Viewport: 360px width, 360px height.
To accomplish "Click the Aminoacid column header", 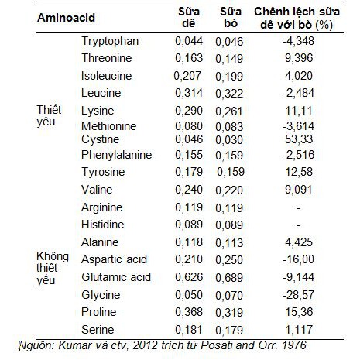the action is (x=66, y=18).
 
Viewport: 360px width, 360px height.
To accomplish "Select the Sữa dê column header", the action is (x=189, y=18).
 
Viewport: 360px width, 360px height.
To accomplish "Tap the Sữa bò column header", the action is (x=231, y=18).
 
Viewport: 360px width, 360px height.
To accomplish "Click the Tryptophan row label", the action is (x=110, y=41).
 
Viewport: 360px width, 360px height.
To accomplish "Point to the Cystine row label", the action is (x=100, y=139).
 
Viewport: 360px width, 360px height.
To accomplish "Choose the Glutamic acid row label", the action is (x=116, y=277).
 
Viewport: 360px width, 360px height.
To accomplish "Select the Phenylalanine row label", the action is (x=116, y=155).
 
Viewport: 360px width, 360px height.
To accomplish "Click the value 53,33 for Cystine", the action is (x=299, y=139).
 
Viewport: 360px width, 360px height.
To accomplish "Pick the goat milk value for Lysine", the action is (x=189, y=111).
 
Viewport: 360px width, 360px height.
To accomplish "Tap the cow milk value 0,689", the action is (x=229, y=278).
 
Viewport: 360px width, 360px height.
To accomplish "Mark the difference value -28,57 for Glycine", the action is (x=298, y=295).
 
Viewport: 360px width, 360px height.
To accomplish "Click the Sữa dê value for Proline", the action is (x=189, y=312).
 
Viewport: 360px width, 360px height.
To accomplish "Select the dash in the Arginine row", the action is (x=299, y=208).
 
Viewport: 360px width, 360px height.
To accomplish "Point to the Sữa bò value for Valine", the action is (x=229, y=190).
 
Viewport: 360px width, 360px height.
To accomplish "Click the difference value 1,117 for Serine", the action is (x=299, y=330).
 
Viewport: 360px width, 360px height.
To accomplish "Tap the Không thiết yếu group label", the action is (x=53, y=269).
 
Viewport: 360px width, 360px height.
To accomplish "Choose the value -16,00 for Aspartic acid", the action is (x=298, y=259).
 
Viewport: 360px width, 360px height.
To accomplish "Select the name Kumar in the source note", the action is (x=71, y=345).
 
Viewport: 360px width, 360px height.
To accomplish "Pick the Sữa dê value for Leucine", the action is (x=189, y=93).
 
